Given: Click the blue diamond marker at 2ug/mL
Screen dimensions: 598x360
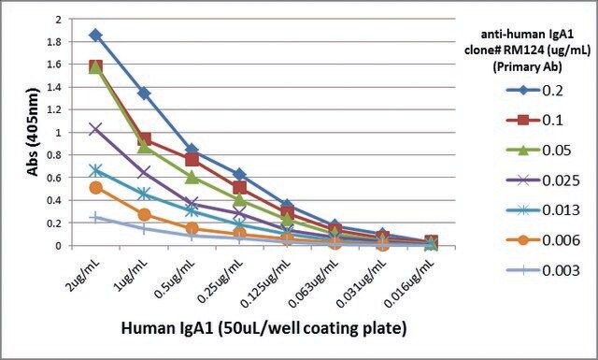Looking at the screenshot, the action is [x=95, y=36].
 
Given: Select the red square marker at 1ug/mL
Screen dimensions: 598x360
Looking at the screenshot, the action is [x=144, y=139].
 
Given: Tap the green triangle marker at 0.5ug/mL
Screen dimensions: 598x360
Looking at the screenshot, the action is [x=192, y=177].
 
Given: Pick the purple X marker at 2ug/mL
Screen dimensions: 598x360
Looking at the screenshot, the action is [x=95, y=129].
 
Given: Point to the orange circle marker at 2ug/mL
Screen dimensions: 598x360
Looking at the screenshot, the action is [x=95, y=187].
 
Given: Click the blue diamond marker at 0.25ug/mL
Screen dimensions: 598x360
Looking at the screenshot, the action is [x=239, y=175].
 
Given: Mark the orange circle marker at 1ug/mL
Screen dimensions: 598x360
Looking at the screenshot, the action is [x=144, y=214].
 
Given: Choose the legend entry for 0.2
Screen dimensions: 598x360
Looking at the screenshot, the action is [x=534, y=91].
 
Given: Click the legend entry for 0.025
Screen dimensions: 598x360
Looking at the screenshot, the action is [x=543, y=180].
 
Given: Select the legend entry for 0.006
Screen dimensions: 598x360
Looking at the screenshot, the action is [x=543, y=240].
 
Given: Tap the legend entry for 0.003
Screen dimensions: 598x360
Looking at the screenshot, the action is [x=543, y=270].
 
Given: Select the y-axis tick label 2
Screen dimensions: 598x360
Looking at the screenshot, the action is [x=58, y=19].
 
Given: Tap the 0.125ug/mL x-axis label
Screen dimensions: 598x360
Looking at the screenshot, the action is [x=266, y=281].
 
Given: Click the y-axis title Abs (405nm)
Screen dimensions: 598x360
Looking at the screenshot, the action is [x=34, y=132].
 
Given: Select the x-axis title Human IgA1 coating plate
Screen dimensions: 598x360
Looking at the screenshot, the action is [x=263, y=329].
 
